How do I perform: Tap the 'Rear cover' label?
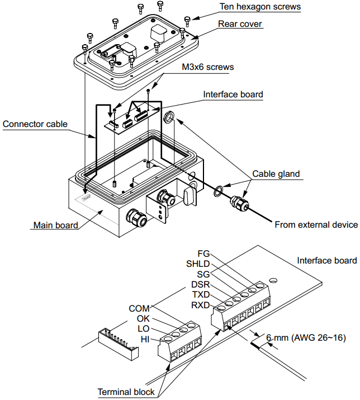point(240,24)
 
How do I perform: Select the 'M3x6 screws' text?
point(207,67)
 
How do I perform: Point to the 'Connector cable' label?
point(35,124)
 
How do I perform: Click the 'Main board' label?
point(55,225)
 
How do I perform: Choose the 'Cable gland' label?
point(276,174)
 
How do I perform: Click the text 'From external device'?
point(316,225)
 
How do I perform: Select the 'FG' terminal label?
point(204,254)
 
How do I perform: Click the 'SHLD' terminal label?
point(198,264)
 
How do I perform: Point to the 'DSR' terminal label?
point(200,284)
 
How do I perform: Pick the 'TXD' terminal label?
point(201,294)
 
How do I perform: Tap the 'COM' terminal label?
point(139,308)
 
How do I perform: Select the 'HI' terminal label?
point(145,339)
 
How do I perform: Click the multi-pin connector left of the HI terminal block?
point(118,341)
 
